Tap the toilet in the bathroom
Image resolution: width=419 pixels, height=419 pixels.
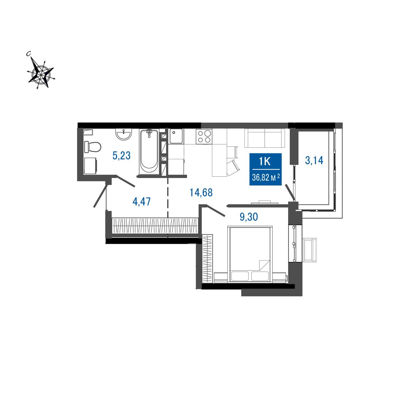pyautogui.click(x=93, y=147)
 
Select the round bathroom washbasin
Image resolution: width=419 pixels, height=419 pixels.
pyautogui.click(x=124, y=134)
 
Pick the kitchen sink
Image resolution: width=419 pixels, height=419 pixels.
pyautogui.click(x=176, y=136)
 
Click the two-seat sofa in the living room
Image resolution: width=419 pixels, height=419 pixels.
pyautogui.click(x=265, y=138)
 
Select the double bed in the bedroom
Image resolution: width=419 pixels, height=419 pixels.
pyautogui.click(x=250, y=255)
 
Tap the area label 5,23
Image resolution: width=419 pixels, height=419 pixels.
pyautogui.click(x=122, y=155)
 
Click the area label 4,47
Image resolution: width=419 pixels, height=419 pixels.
pyautogui.click(x=141, y=201)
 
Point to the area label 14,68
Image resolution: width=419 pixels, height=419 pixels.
pyautogui.click(x=201, y=192)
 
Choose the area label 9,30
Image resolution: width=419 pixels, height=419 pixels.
pyautogui.click(x=249, y=217)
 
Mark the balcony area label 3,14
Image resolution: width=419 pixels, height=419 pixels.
pyautogui.click(x=314, y=161)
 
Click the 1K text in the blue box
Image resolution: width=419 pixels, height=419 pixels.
pyautogui.click(x=265, y=162)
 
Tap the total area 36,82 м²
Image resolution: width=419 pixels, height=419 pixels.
pyautogui.click(x=266, y=178)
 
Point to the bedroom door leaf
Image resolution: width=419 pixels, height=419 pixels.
pyautogui.click(x=216, y=210)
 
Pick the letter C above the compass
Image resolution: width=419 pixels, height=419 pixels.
pyautogui.click(x=28, y=53)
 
